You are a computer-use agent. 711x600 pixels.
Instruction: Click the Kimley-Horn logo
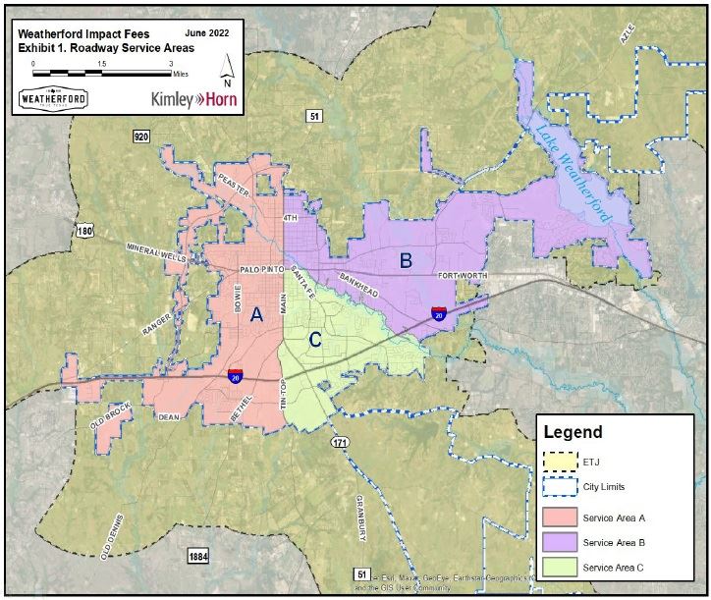point(193,99)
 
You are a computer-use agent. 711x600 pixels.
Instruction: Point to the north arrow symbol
point(228,69)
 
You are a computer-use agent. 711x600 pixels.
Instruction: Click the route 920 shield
point(142,136)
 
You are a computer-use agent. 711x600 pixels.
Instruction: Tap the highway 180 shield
point(85,230)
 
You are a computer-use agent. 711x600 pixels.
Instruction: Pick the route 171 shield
point(340,442)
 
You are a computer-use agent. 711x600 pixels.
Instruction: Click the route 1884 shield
point(197,557)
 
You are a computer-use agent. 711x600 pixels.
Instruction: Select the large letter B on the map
point(405,260)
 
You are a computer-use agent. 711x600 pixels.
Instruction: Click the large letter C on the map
point(314,341)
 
